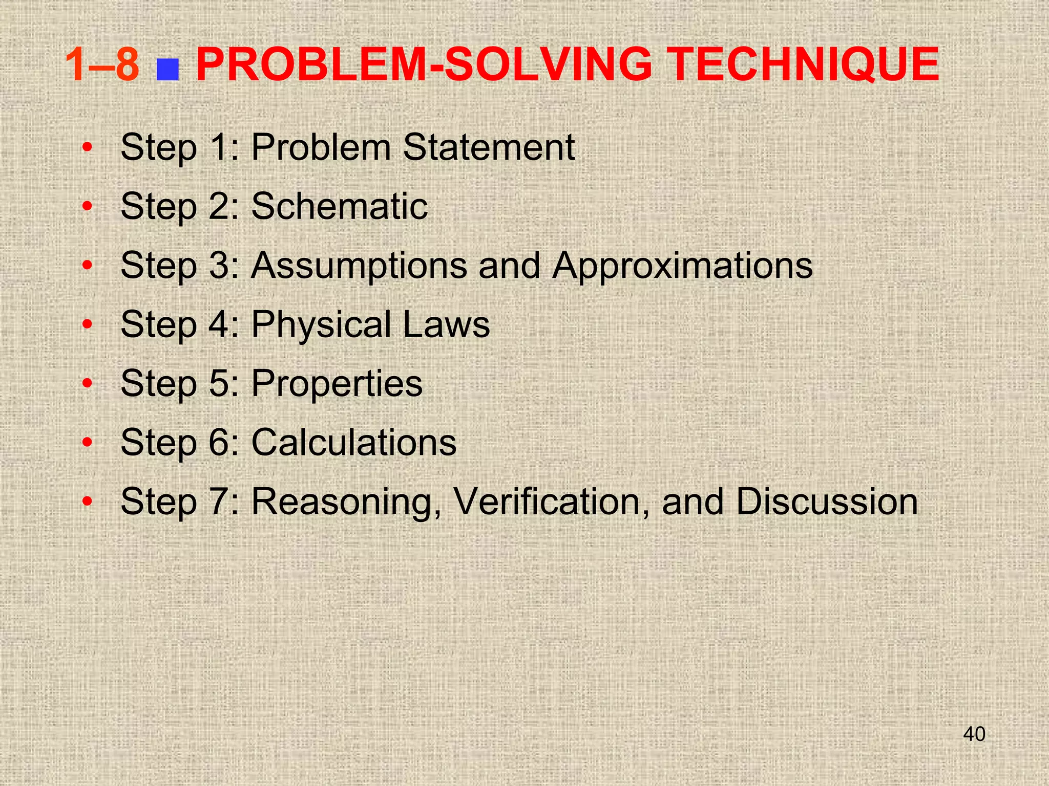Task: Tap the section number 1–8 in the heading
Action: [x=102, y=64]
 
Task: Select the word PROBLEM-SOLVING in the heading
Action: [x=425, y=64]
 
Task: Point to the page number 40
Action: [x=974, y=734]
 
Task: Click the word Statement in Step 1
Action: [x=489, y=147]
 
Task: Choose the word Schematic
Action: [x=339, y=206]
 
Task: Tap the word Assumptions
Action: [x=359, y=266]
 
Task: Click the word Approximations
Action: [x=682, y=266]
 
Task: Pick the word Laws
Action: [x=446, y=324]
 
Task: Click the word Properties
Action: [x=337, y=383]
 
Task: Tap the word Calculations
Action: [x=353, y=442]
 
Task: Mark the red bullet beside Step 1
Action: [x=88, y=147]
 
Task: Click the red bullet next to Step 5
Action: [x=88, y=383]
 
